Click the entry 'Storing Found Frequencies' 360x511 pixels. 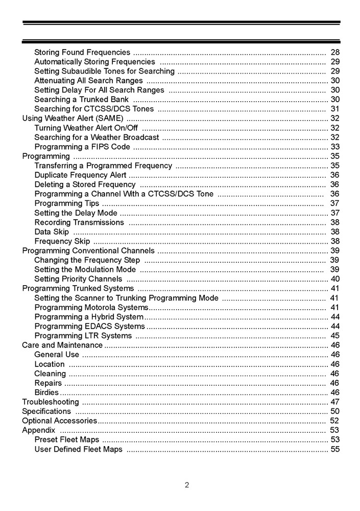point(82,52)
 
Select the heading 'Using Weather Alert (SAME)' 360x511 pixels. point(73,118)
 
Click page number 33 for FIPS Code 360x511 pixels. point(335,147)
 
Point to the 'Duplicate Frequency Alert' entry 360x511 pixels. point(80,175)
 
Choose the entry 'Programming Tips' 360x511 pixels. point(67,203)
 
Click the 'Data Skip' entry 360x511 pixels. point(52,232)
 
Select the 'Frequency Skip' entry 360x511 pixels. point(62,241)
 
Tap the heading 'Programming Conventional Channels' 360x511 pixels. point(88,250)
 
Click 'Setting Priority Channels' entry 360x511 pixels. point(78,279)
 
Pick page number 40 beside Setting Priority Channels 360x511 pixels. point(335,279)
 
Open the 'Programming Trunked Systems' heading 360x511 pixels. point(78,289)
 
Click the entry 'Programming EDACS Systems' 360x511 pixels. point(90,327)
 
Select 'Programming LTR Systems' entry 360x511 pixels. point(83,336)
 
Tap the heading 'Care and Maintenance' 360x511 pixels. point(62,345)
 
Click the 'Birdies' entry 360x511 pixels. point(46,392)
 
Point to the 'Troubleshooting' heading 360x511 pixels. point(51,402)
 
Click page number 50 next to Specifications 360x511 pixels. point(335,411)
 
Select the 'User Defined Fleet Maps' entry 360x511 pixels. point(79,449)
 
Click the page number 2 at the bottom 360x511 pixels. point(187,485)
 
